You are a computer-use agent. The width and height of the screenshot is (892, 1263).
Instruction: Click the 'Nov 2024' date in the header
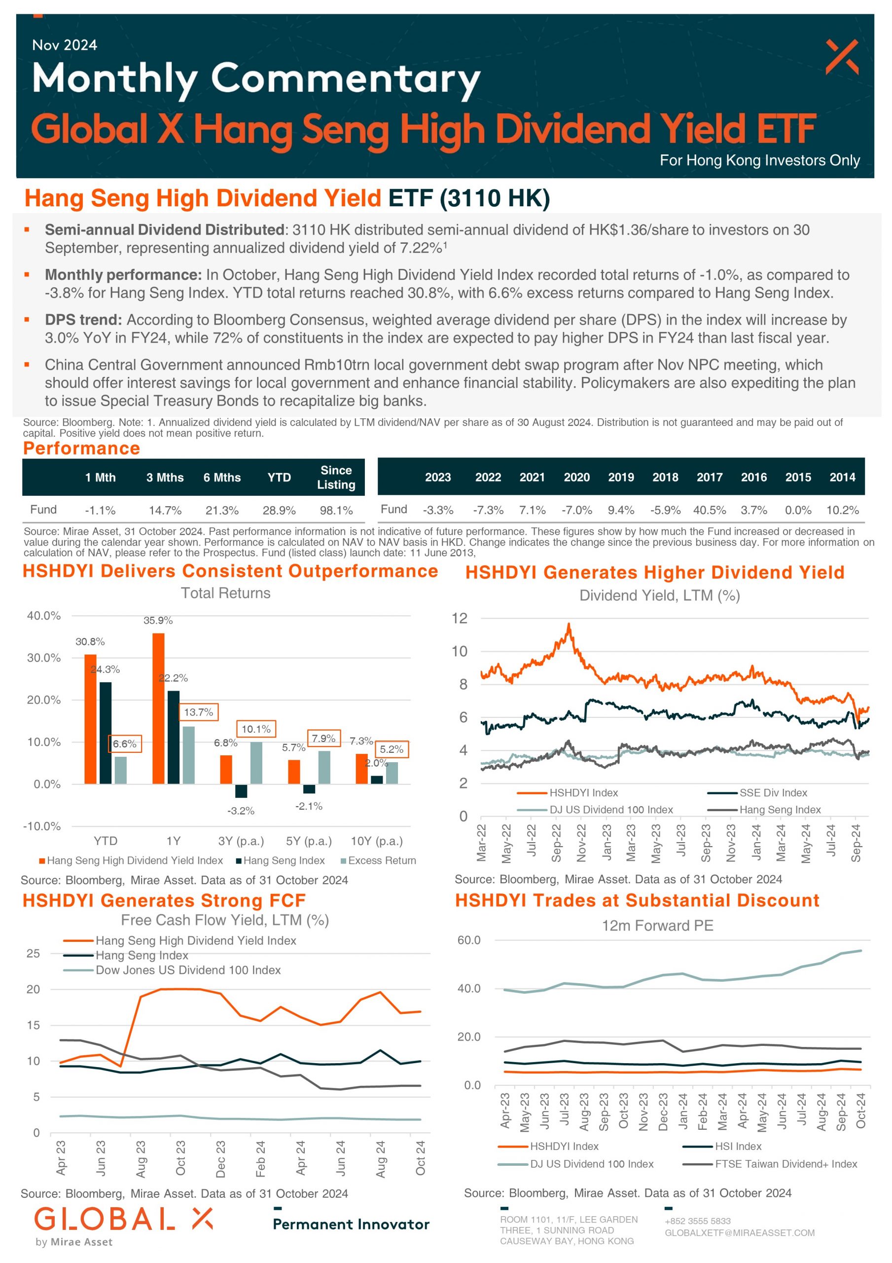(x=64, y=45)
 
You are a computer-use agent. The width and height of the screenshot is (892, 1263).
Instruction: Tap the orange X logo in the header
(x=841, y=57)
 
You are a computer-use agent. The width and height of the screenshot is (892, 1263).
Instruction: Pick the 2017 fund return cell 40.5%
(x=710, y=510)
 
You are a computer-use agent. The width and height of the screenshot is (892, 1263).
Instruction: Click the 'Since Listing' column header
(x=336, y=477)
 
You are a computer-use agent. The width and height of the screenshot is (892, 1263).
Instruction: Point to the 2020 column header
(x=576, y=477)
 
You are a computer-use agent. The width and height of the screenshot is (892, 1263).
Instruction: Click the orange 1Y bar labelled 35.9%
(x=158, y=708)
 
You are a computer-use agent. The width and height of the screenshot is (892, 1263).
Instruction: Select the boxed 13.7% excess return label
(x=199, y=712)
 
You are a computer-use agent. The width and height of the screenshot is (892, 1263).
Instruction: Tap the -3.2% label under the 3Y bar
(x=241, y=811)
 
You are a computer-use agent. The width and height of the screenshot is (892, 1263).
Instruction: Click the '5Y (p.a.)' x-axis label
(x=309, y=841)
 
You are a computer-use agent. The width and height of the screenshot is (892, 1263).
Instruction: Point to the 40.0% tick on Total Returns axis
(x=44, y=616)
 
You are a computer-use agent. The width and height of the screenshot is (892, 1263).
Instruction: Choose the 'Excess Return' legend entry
(x=378, y=860)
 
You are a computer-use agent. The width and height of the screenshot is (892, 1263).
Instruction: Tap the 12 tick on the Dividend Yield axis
(x=459, y=618)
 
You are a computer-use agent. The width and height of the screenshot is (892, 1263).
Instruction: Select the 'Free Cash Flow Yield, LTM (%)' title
(x=225, y=920)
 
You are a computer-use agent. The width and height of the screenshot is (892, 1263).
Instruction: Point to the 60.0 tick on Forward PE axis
(x=468, y=940)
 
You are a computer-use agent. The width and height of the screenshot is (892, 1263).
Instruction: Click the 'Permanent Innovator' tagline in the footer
(x=351, y=1224)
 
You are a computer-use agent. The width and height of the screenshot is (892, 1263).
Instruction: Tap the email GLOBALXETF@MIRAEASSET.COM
(x=740, y=1233)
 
